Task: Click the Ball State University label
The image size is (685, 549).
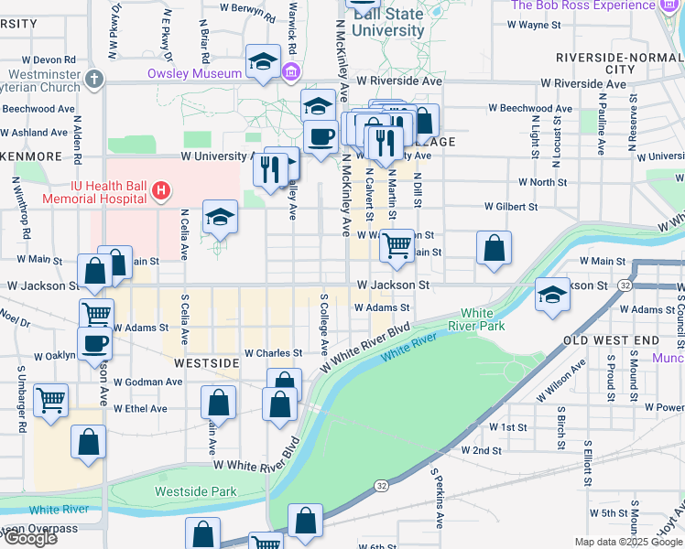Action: (x=387, y=22)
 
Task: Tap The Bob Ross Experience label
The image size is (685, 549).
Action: (x=583, y=5)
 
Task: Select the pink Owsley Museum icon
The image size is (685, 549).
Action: (x=291, y=71)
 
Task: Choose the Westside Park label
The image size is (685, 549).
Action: (x=195, y=491)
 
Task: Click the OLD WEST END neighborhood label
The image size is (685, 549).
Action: (x=611, y=340)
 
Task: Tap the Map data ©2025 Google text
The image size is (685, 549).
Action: (x=628, y=542)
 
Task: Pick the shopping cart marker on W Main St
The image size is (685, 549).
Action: (x=396, y=243)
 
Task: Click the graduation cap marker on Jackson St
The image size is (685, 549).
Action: (x=552, y=294)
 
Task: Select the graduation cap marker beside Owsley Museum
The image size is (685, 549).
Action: (x=264, y=61)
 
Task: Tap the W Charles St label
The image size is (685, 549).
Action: (x=272, y=353)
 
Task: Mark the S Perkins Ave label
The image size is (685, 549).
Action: (x=438, y=498)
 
